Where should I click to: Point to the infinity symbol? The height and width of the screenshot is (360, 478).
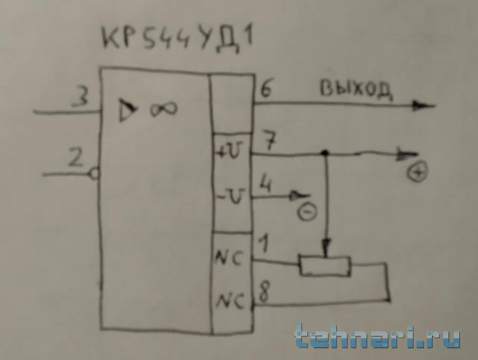click(x=164, y=109)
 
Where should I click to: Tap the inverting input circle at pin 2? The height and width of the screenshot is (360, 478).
click(x=94, y=174)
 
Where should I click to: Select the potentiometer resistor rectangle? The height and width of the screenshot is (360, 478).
click(x=325, y=266)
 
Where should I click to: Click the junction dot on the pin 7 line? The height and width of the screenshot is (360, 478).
click(x=326, y=153)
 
